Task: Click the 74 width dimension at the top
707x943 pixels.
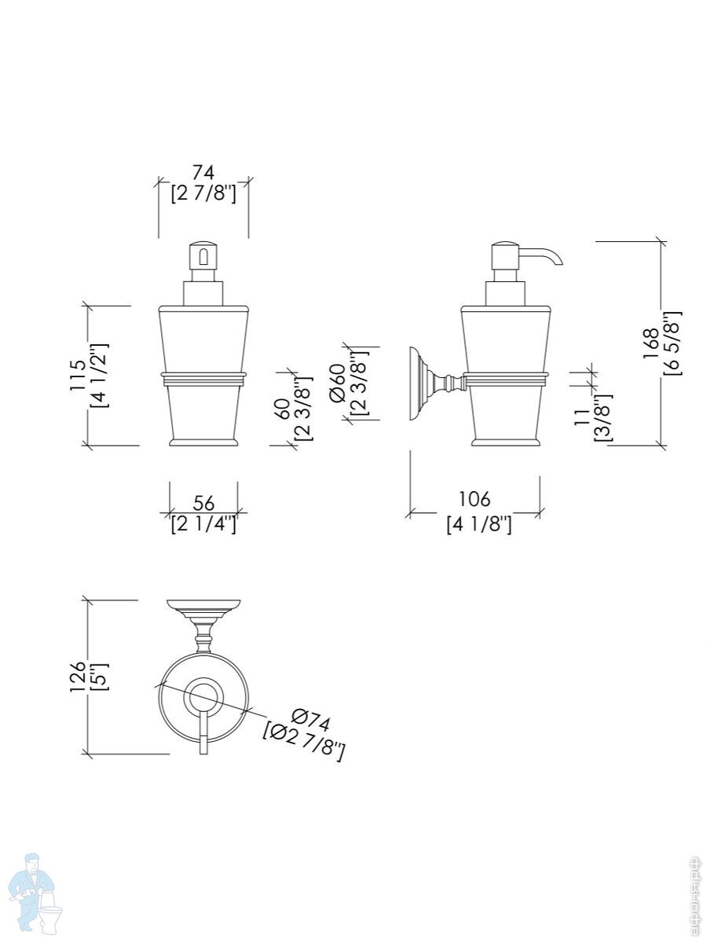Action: [203, 171]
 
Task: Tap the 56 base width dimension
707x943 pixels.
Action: [203, 503]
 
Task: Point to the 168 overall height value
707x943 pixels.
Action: [651, 343]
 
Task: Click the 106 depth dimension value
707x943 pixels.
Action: [474, 499]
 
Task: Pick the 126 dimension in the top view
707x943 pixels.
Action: [78, 676]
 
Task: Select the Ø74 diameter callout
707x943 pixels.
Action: [311, 720]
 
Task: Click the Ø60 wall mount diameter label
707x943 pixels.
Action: [339, 383]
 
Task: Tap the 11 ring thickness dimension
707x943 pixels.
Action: [583, 416]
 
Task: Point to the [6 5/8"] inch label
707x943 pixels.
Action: [673, 343]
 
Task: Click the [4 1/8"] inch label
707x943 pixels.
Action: [478, 524]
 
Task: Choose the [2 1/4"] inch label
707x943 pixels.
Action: [203, 524]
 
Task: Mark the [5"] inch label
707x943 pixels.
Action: [100, 676]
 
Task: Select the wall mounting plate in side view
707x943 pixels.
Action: [416, 384]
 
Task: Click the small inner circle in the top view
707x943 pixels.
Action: [203, 698]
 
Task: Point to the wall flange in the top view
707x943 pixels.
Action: [203, 607]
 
